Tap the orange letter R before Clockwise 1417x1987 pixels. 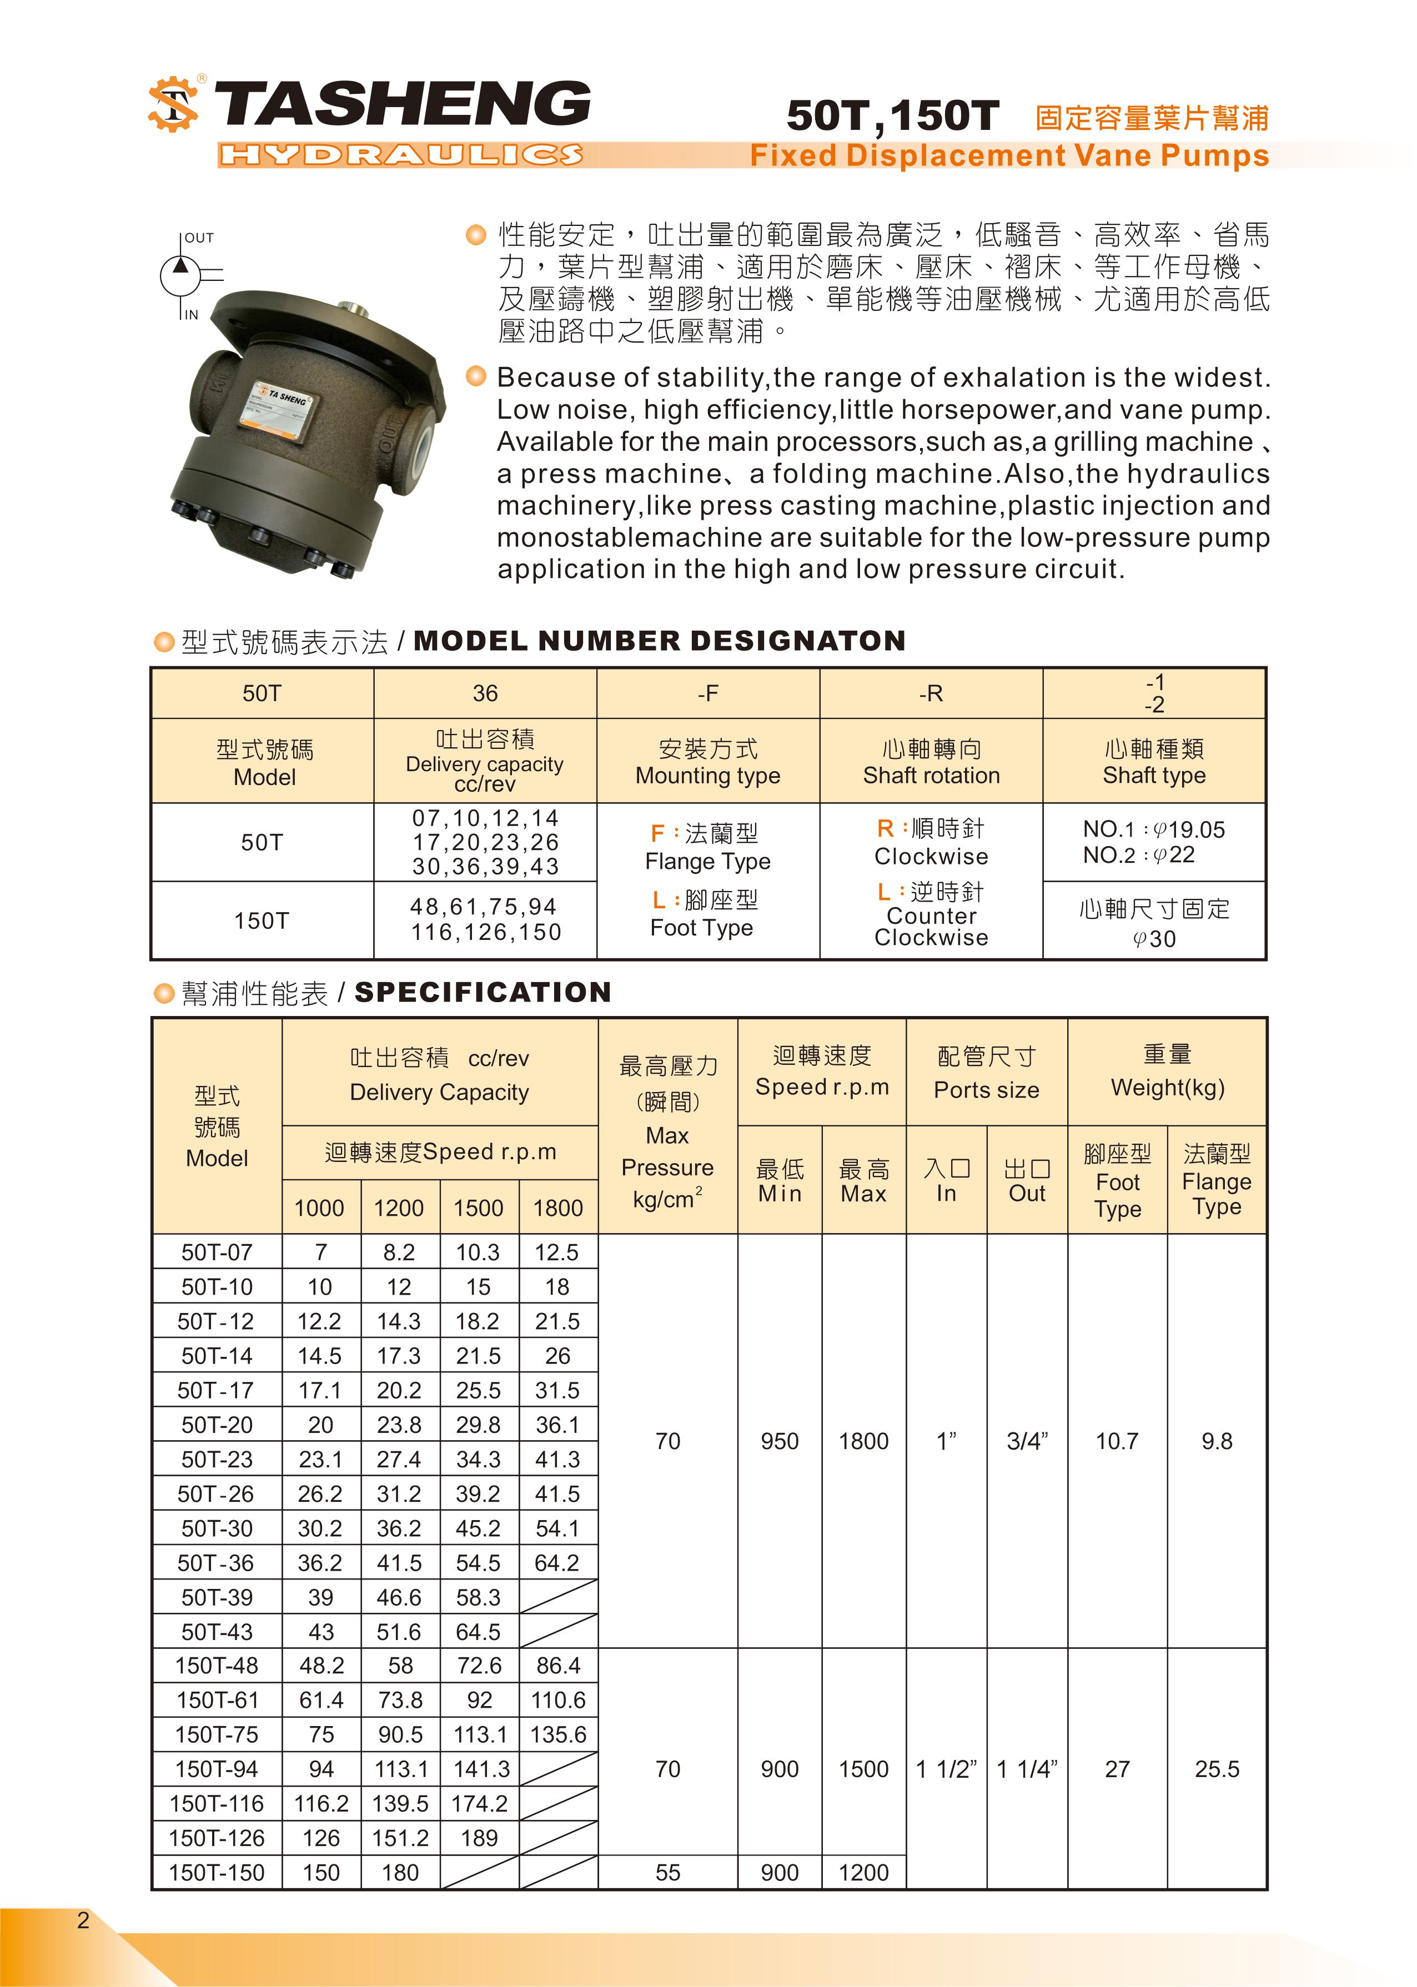885,828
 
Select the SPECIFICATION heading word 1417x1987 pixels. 483,993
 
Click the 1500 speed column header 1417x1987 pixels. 478,1208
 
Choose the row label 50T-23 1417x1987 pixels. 217,1459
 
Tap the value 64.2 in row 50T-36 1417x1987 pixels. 557,1563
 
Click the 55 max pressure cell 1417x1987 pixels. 667,1873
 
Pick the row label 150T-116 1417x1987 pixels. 217,1804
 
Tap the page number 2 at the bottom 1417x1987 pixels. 83,1920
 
